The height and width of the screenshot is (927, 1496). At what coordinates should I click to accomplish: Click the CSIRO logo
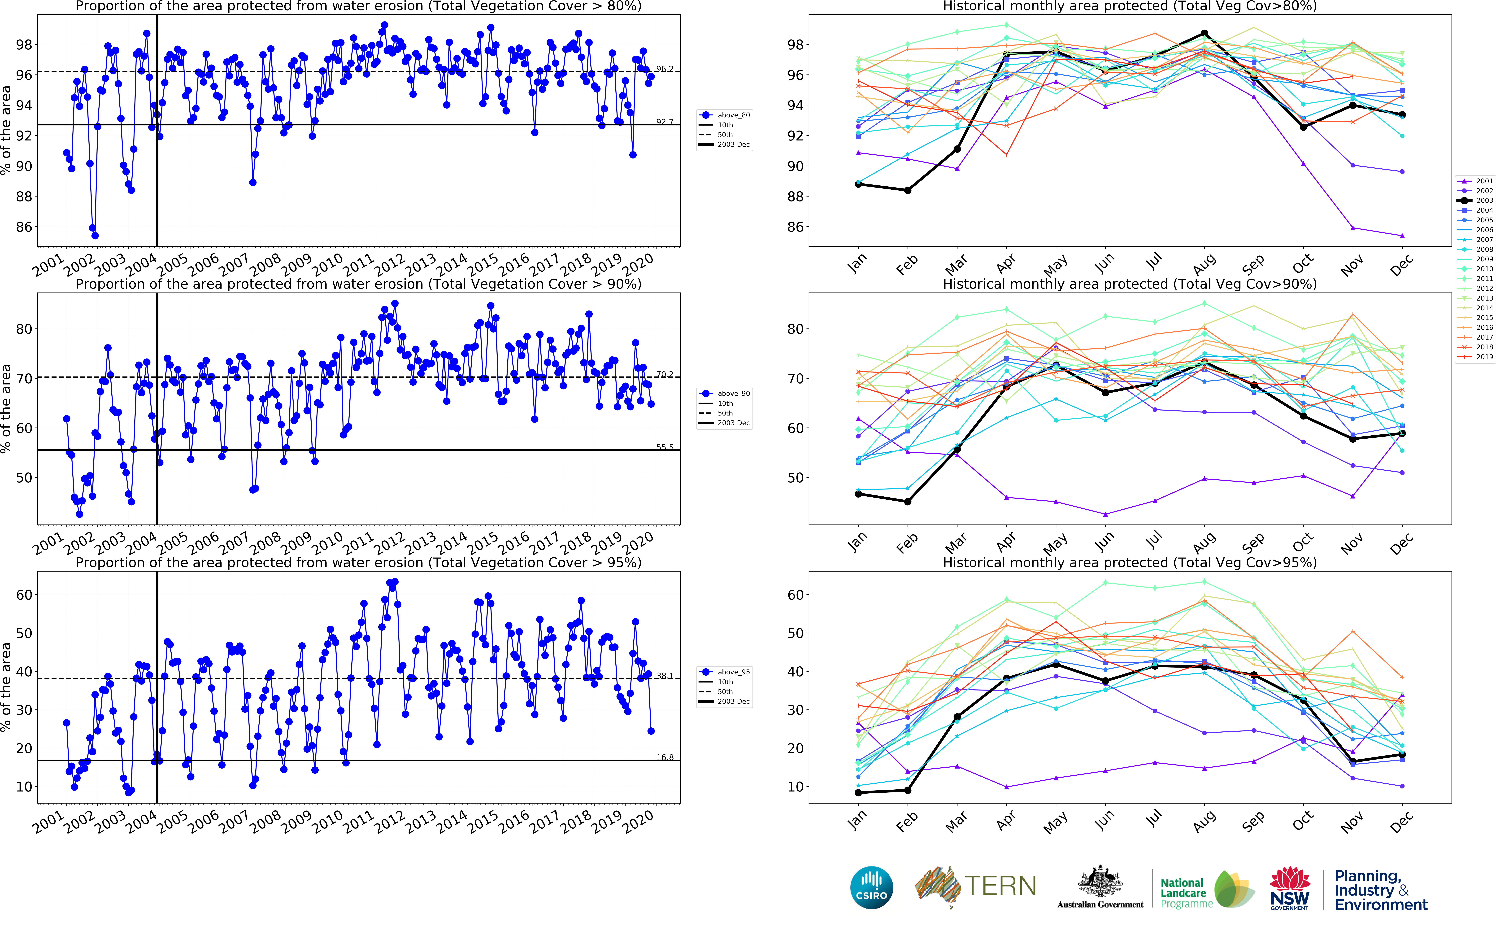tap(871, 888)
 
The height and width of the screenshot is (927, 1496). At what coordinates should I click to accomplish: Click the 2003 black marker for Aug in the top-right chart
tap(1204, 34)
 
